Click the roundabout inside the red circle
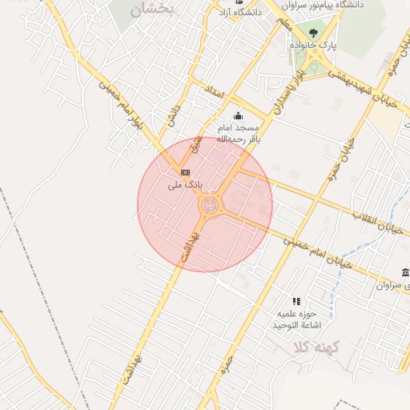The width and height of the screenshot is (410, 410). click(x=207, y=206)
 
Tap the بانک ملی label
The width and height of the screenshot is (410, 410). click(x=185, y=185)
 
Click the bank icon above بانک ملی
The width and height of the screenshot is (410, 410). click(x=186, y=172)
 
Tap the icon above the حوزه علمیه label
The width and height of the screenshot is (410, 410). click(x=296, y=301)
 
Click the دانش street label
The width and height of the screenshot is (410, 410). click(x=170, y=118)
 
